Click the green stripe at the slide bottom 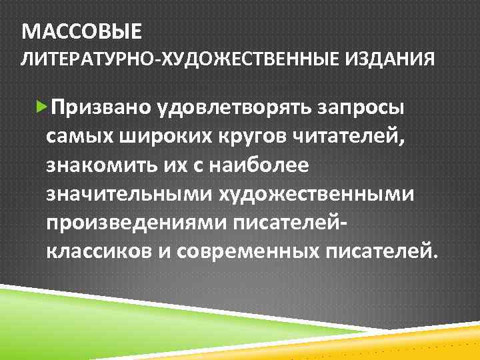coord(100,313)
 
